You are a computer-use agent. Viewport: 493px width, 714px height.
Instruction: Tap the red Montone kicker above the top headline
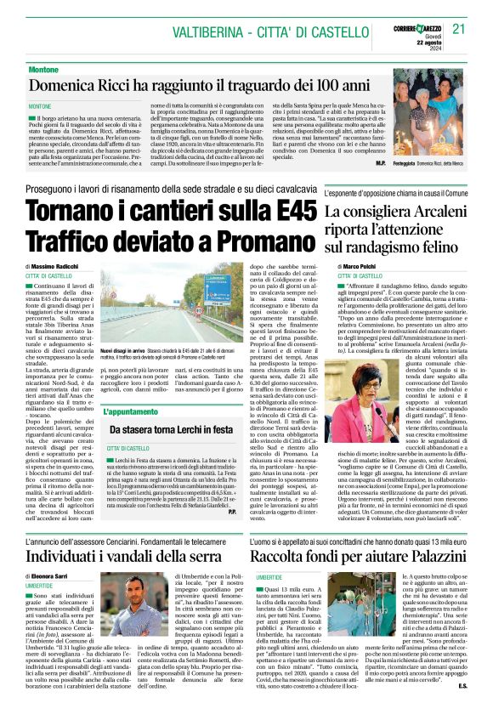43,68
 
